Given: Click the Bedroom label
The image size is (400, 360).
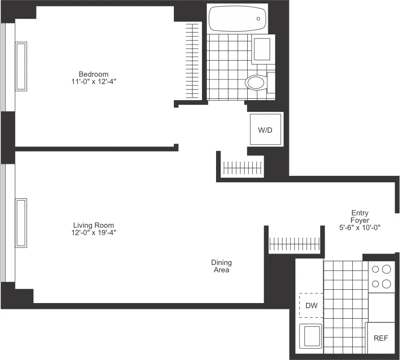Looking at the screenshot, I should [x=94, y=74].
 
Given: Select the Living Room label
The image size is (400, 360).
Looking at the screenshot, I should [x=94, y=225].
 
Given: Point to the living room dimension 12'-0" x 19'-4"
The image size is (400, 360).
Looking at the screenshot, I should [x=94, y=232].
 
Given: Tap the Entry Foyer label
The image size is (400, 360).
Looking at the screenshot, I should [x=360, y=216].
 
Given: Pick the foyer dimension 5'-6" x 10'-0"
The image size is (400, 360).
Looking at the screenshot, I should [x=360, y=227].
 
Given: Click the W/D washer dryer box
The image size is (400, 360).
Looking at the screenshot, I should [x=265, y=130].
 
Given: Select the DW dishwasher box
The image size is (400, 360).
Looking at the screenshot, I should [x=311, y=305].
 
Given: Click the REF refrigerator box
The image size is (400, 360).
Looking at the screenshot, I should [x=381, y=338].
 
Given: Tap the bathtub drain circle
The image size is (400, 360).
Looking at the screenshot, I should [x=258, y=19].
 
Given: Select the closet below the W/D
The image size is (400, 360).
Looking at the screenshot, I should [x=241, y=167].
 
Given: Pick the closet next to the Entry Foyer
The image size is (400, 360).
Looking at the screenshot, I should [x=294, y=242].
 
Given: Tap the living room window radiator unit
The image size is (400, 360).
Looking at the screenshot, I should [x=21, y=223].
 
